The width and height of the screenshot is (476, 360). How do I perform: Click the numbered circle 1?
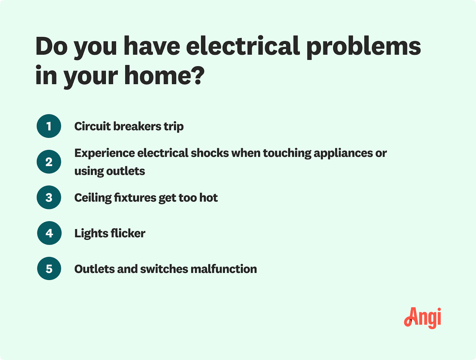(49, 126)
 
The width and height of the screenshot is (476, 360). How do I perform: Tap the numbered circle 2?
(49, 162)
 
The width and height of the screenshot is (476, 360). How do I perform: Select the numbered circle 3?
(49, 197)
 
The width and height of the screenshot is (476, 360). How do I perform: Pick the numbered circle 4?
(49, 233)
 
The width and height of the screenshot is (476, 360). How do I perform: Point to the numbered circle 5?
(49, 269)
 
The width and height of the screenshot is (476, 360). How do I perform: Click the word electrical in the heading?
(243, 46)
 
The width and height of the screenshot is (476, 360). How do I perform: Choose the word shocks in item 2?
(210, 153)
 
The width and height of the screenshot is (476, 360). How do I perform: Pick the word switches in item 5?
(164, 269)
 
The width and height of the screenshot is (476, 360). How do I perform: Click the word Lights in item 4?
(91, 234)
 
